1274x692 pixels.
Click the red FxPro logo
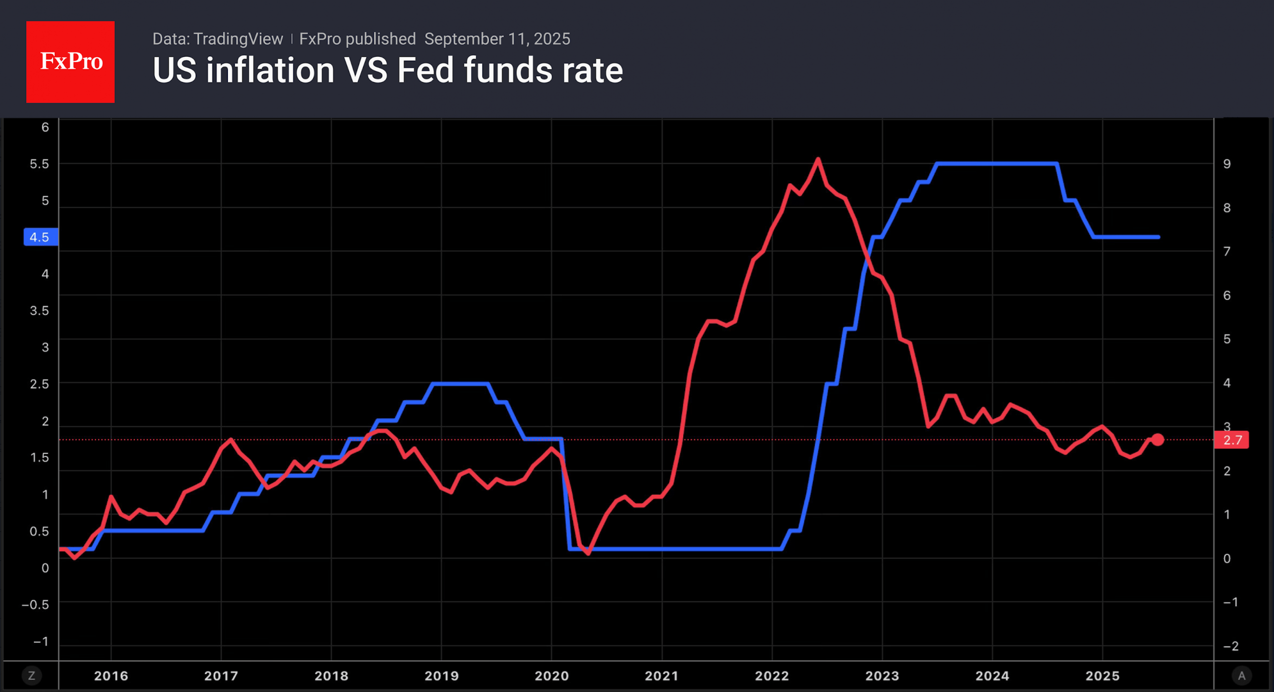[x=70, y=62]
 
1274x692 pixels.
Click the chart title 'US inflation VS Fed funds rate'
[x=387, y=70]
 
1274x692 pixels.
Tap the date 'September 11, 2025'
[x=497, y=39]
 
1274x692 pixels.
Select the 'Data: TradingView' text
[x=217, y=39]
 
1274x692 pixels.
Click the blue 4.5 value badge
[x=40, y=237]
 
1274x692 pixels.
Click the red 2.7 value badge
[x=1232, y=440]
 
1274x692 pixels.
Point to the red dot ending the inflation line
[x=1158, y=440]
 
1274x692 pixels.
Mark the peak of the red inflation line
[x=818, y=159]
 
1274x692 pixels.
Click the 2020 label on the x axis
[x=551, y=676]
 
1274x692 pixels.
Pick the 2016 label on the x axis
[x=111, y=676]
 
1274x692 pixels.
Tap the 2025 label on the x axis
[x=1102, y=676]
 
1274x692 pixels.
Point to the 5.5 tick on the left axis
[x=39, y=164]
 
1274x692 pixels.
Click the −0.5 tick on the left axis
[x=35, y=604]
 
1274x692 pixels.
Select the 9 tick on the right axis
[x=1227, y=164]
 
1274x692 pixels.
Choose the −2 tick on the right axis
[x=1231, y=646]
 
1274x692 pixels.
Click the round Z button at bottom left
[x=32, y=676]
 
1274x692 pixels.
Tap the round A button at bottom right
[x=1241, y=676]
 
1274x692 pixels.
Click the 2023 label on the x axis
[x=882, y=676]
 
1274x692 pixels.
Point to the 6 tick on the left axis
[x=45, y=127]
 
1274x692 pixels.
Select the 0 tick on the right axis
[x=1227, y=558]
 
